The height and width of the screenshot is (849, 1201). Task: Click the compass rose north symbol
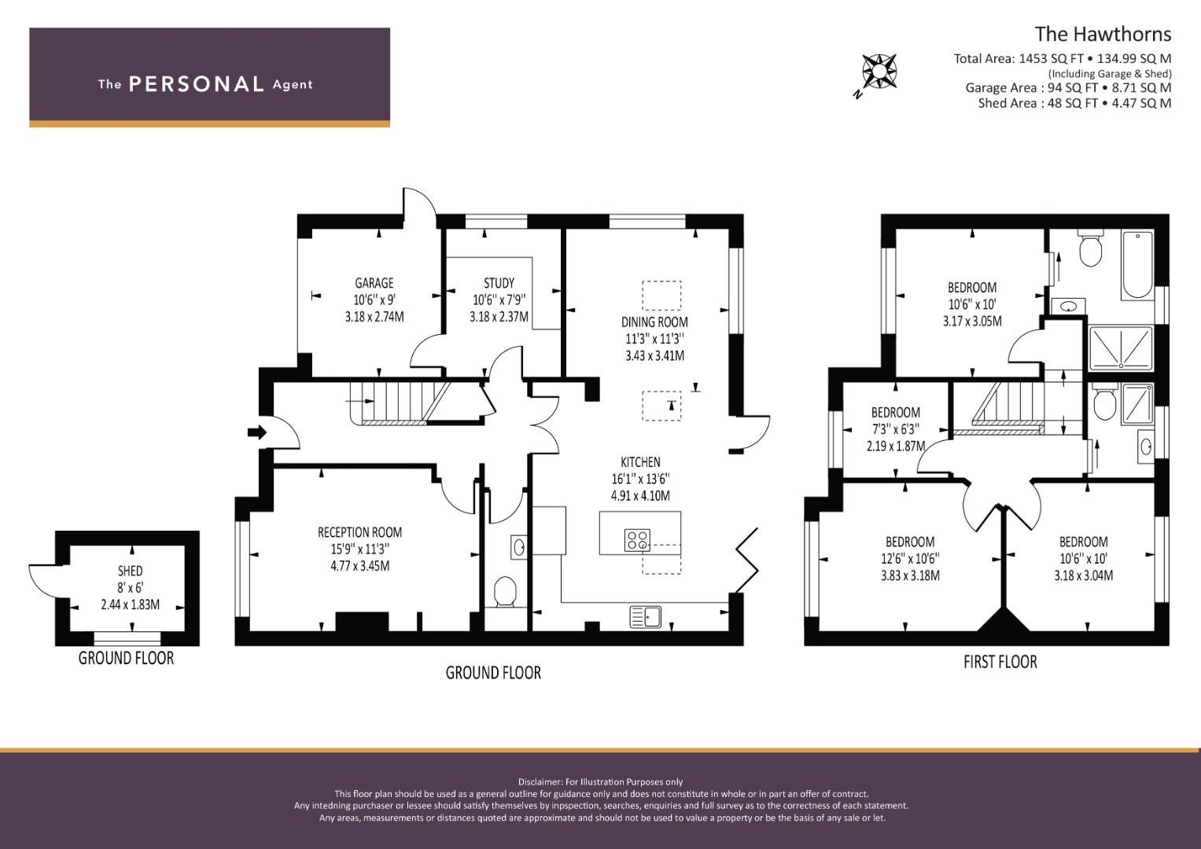pos(879,72)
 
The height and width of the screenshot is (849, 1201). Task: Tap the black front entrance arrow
pos(257,432)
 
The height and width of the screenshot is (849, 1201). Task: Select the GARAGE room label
pos(374,283)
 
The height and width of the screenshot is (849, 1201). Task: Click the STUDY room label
pos(499,283)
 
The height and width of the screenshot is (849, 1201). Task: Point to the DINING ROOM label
pos(654,322)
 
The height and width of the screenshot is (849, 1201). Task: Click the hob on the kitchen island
pos(638,540)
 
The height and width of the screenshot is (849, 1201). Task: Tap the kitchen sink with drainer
pos(645,616)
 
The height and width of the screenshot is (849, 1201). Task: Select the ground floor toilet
pos(504,591)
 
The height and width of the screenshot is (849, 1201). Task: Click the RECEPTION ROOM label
pos(359,532)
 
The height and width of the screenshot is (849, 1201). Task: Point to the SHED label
pos(131,571)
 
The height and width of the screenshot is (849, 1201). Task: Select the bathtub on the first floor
pos(1137,265)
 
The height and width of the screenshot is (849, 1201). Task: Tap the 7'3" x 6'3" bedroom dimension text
pos(895,429)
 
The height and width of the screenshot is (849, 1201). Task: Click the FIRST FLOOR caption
pos(1000,662)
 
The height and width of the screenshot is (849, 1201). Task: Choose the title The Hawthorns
pos(1103,35)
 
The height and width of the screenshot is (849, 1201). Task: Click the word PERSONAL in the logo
pos(197,84)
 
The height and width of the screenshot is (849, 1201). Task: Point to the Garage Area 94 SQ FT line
pos(1068,87)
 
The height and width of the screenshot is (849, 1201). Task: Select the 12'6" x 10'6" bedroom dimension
pos(910,558)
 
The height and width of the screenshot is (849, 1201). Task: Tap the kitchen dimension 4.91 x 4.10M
pos(640,496)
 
